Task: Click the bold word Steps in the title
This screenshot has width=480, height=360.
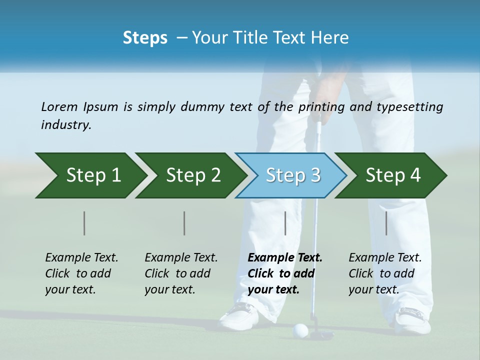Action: point(145,38)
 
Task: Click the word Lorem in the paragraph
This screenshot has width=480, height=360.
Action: point(59,106)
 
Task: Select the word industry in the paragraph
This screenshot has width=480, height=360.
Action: point(65,125)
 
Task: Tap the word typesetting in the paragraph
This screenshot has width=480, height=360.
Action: point(410,107)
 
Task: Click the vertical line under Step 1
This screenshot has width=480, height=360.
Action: point(84,223)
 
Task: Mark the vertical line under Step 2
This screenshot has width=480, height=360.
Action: point(184,223)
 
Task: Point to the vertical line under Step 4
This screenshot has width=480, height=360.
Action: point(386,223)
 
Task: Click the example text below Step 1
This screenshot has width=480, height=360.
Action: point(81,273)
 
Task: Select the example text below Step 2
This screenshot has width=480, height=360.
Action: point(181,273)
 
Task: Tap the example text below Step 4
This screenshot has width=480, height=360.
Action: point(385,273)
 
